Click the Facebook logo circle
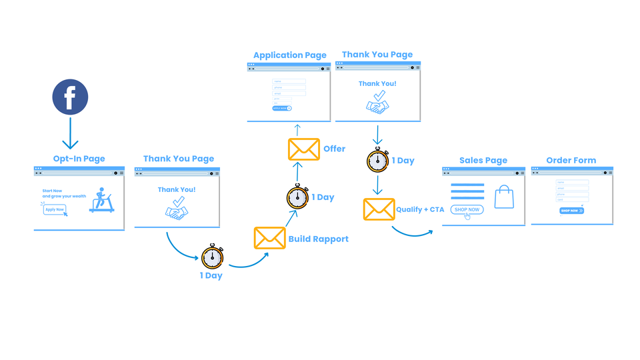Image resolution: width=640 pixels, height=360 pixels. [70, 98]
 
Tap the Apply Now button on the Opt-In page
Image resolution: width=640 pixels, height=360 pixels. [55, 209]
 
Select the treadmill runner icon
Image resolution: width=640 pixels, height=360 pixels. [102, 200]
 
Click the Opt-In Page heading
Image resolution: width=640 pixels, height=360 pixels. [79, 159]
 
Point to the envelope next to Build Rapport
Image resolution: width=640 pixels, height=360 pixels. [269, 238]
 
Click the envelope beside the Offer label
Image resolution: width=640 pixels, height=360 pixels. [303, 149]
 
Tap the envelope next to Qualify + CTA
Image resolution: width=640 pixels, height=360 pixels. [379, 209]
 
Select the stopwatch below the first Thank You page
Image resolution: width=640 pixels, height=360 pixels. [212, 257]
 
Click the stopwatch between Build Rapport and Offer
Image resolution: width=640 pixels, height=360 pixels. [297, 197]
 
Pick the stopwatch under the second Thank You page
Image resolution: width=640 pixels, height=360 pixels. [377, 161]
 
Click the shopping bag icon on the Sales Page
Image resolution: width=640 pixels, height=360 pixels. [504, 197]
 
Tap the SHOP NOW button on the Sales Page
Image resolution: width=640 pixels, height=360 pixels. [467, 209]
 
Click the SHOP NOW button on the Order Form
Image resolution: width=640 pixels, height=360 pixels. [571, 211]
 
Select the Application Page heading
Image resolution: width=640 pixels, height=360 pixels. [290, 55]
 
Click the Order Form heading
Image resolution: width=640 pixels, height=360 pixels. [571, 160]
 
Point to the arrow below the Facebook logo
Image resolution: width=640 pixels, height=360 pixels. [70, 133]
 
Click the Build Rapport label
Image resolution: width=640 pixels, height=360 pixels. [318, 239]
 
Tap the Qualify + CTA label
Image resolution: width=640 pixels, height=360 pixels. [420, 209]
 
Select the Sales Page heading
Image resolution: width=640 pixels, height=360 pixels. [483, 160]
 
